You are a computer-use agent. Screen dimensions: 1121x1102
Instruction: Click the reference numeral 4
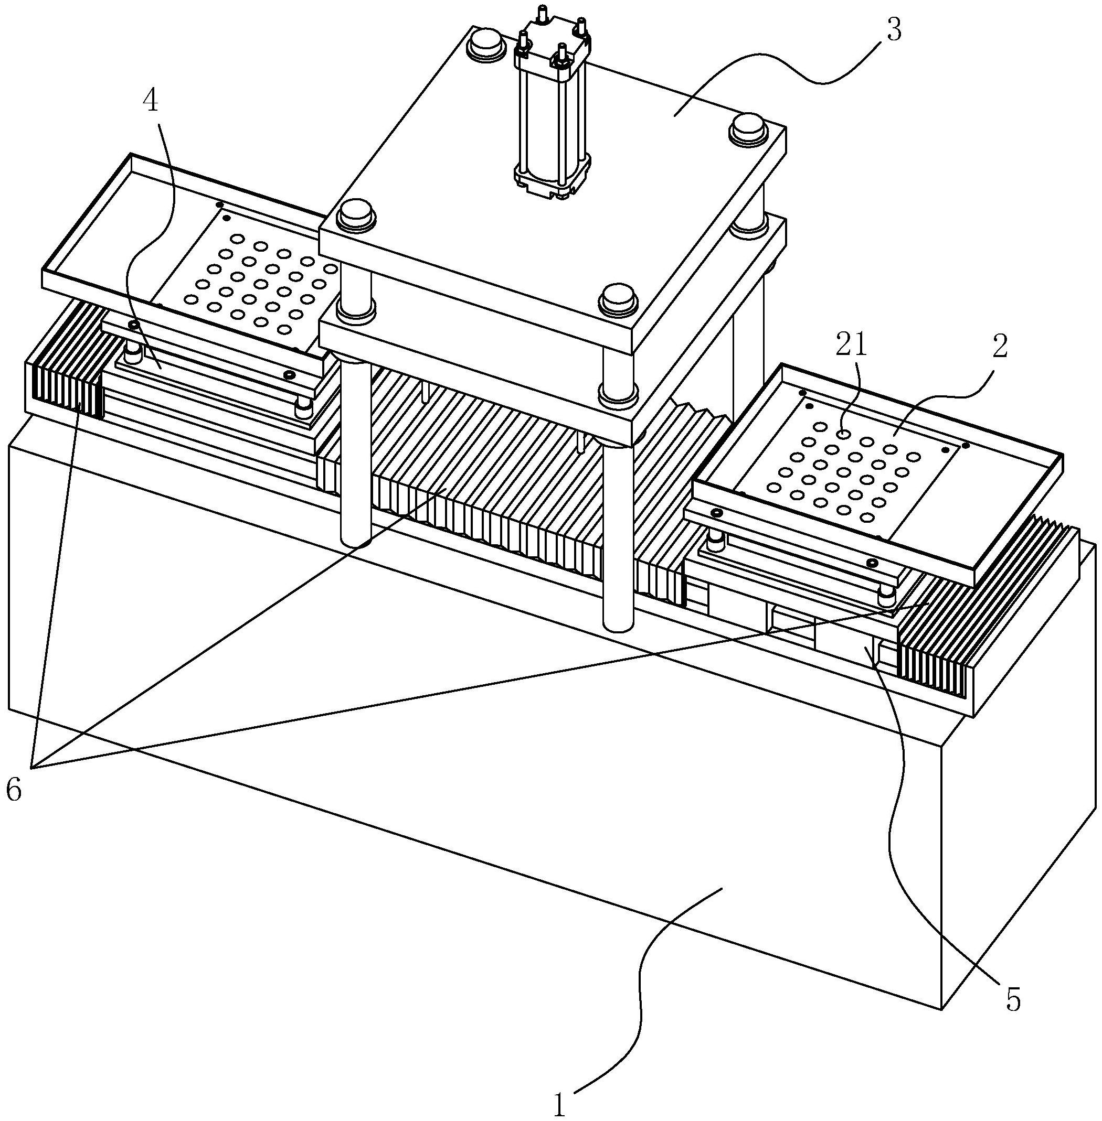151,102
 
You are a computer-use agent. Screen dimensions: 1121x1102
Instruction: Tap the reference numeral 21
851,346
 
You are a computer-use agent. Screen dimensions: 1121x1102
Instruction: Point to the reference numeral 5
1012,999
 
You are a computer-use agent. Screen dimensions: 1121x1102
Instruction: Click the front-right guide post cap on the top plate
619,298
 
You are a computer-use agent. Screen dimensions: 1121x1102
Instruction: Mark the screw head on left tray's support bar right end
289,375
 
